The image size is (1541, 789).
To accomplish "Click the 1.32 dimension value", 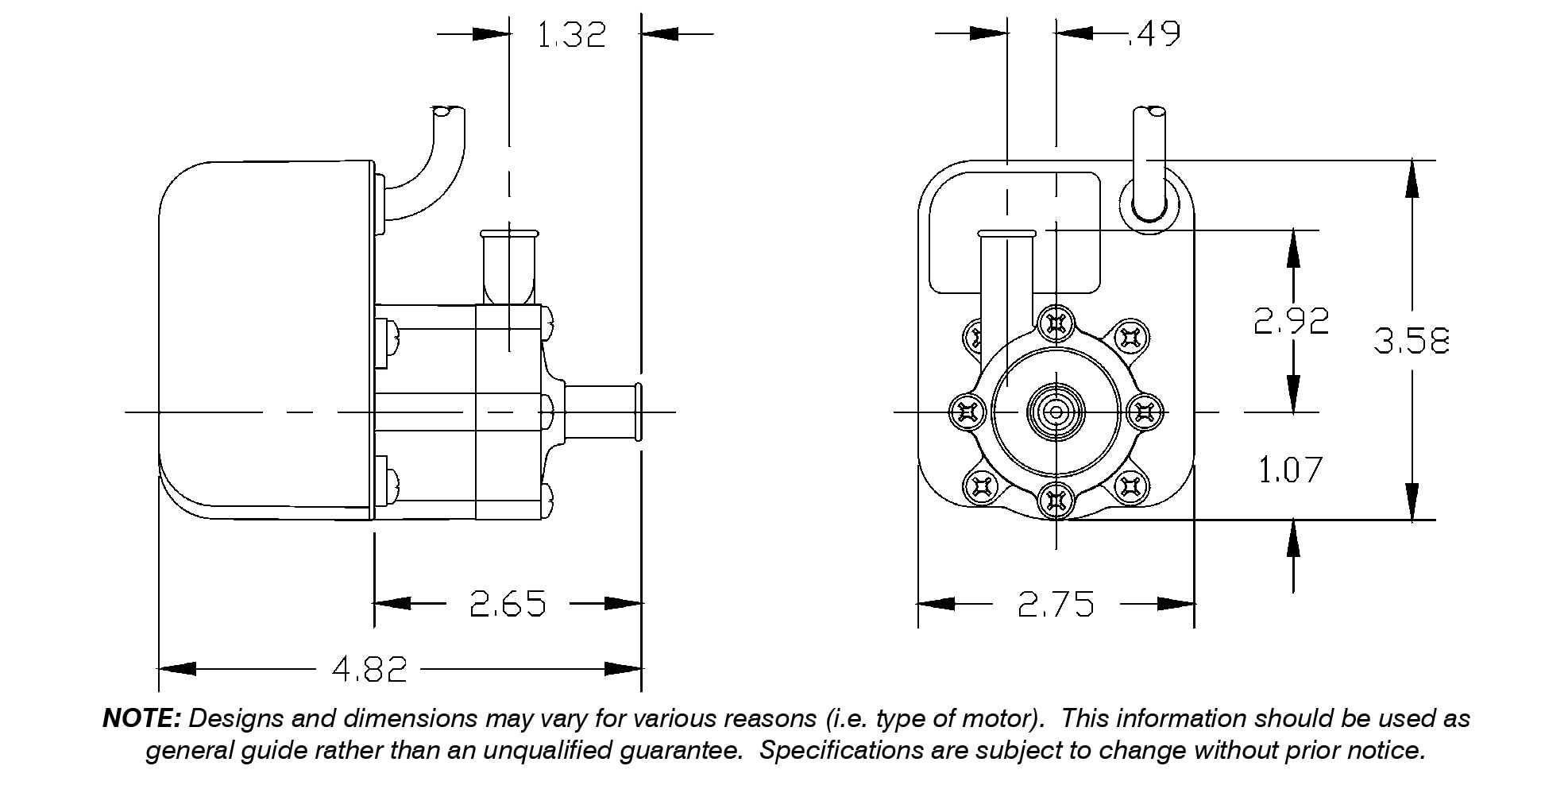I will [571, 35].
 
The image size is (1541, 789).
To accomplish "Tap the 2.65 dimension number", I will [508, 605].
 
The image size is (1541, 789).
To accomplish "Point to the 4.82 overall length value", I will [369, 670].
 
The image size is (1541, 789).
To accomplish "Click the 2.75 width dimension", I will [1056, 605].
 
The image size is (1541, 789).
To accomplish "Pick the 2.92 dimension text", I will [1291, 321].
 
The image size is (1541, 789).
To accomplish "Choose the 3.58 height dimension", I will [1412, 341].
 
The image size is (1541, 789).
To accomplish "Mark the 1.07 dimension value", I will [1290, 470].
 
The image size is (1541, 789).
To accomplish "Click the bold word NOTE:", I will [142, 719].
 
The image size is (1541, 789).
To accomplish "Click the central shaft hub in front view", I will [1056, 412].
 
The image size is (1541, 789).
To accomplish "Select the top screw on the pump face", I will [1056, 323].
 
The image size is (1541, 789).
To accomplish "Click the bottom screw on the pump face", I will [1056, 501].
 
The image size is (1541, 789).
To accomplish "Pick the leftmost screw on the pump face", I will [967, 412].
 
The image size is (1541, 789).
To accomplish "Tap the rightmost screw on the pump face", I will [1145, 412].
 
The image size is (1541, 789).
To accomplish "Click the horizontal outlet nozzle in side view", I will [604, 412].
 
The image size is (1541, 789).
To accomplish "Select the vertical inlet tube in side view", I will [508, 270].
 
